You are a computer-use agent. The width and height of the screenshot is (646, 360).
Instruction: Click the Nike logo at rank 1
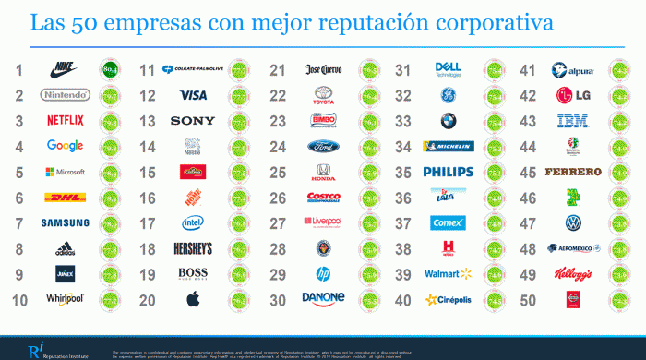64,68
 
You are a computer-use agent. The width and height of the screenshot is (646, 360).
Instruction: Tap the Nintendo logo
64,94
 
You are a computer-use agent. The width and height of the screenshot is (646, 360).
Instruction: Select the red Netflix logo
65,120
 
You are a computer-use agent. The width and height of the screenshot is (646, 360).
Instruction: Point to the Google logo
65,145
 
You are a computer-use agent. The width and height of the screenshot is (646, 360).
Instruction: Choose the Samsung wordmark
65,222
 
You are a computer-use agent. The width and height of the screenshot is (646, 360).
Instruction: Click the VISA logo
193,95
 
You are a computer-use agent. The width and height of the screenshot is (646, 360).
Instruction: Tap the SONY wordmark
193,120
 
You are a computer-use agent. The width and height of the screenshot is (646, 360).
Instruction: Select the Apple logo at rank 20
193,298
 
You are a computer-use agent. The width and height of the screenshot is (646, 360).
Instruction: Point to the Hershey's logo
193,247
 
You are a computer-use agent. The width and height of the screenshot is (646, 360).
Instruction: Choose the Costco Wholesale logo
323,197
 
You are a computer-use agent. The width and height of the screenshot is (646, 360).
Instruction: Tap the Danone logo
323,298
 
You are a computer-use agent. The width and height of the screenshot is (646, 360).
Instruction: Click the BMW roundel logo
449,120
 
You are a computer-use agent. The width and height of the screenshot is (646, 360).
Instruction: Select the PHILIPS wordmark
449,172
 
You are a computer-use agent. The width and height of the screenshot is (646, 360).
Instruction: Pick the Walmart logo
448,273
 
